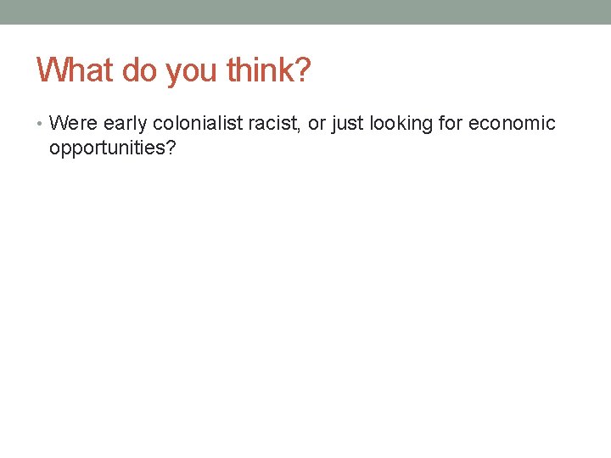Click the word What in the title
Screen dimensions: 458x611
pyautogui.click(x=75, y=70)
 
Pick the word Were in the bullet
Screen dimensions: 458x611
pyautogui.click(x=73, y=124)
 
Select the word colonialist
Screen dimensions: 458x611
pyautogui.click(x=197, y=124)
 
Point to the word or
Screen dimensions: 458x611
pyautogui.click(x=316, y=125)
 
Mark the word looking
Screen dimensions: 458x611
pyautogui.click(x=404, y=125)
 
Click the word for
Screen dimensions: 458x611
pyautogui.click(x=454, y=124)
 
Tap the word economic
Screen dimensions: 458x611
pyautogui.click(x=513, y=124)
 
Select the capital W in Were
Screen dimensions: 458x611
pyautogui.click(x=58, y=124)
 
